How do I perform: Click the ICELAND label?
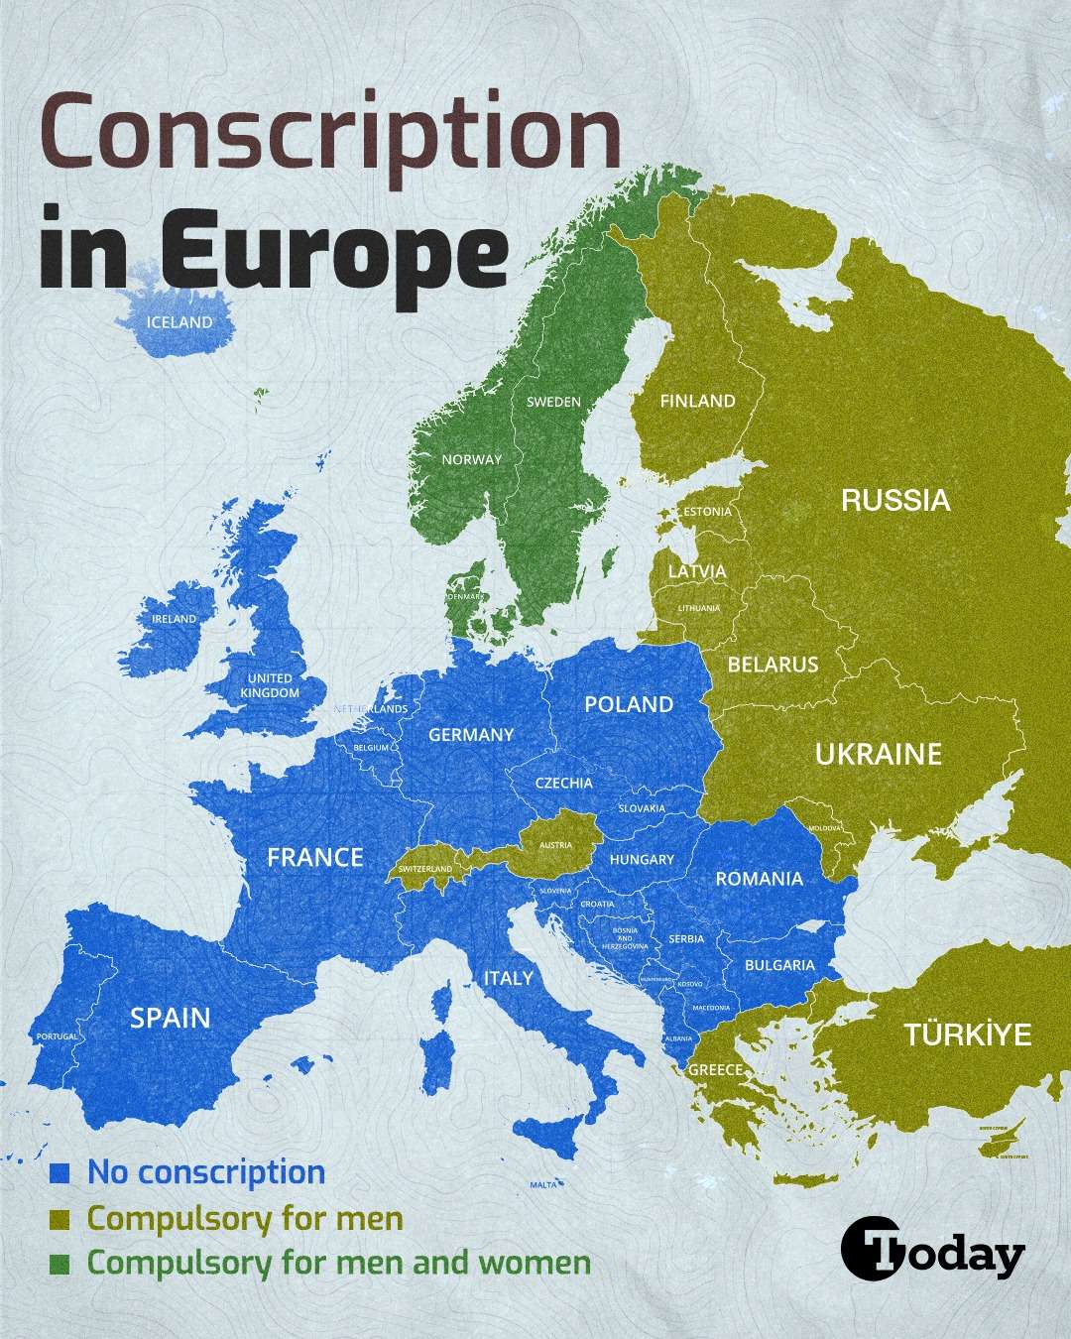[x=179, y=322]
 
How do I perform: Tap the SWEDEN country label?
[x=553, y=402]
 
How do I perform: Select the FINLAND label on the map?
[x=698, y=401]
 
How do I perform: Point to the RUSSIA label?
[x=895, y=500]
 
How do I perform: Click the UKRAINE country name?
[x=878, y=755]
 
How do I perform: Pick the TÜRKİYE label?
[x=968, y=1035]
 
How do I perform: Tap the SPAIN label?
[x=171, y=1018]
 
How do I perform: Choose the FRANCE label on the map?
[x=315, y=857]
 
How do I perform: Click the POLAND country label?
[x=629, y=704]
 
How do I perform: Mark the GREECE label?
[x=715, y=1069]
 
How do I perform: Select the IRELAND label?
[x=174, y=618]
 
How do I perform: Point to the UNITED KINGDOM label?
[x=270, y=685]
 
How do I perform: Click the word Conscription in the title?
[x=330, y=136]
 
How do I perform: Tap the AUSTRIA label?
[x=555, y=845]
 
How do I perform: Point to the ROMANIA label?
[x=759, y=878]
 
